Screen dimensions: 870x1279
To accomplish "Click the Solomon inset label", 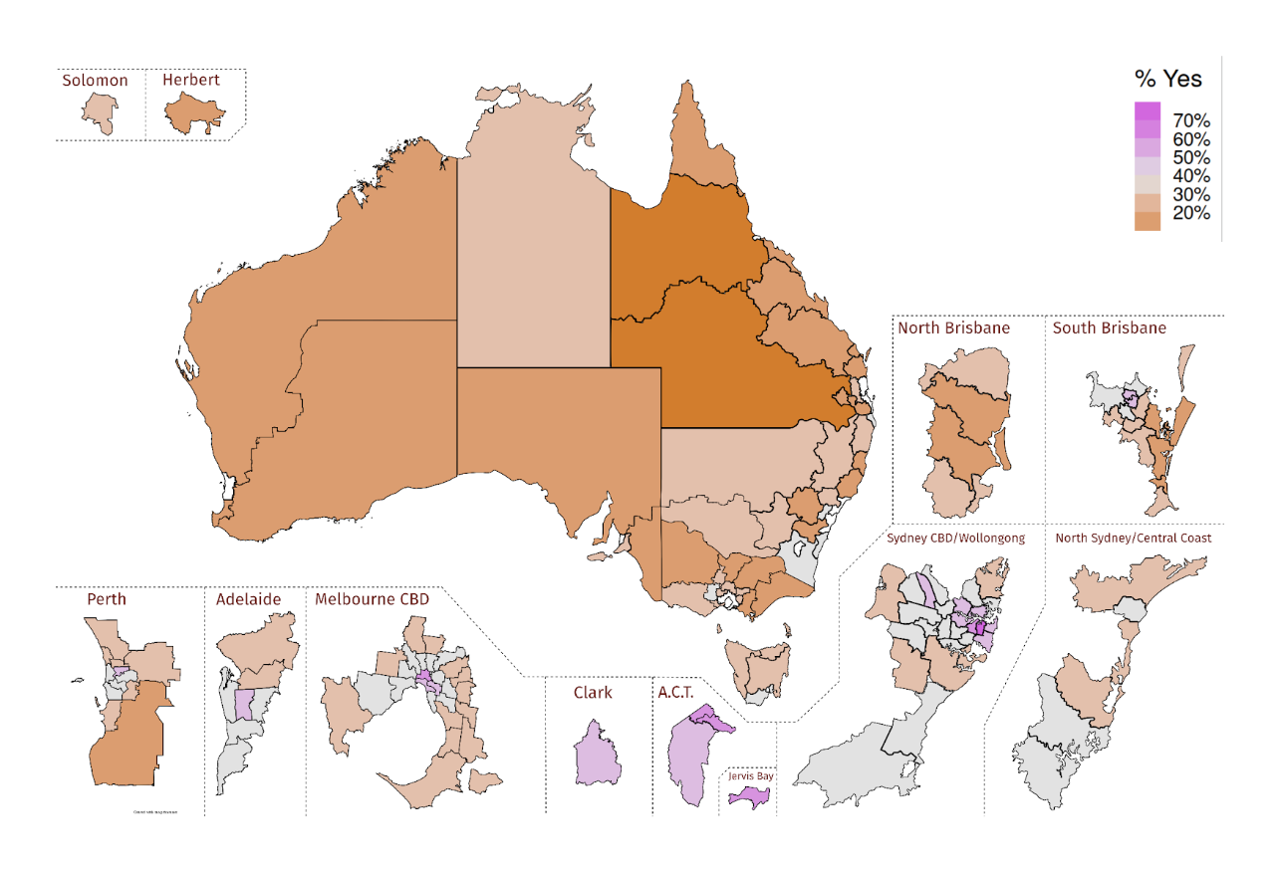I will [x=95, y=81].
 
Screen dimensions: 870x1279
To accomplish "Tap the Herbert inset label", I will [x=191, y=80].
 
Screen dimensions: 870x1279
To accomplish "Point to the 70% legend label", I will [x=1191, y=121].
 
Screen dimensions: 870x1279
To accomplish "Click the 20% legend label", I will [x=1191, y=213].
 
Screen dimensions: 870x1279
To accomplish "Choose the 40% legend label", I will [x=1191, y=176].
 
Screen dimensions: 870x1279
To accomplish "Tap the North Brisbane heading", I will [x=953, y=327].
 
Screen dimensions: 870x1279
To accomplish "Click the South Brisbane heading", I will [x=1109, y=327].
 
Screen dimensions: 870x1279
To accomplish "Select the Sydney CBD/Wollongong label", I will [x=955, y=539].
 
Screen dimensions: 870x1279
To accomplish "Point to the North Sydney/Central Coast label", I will [x=1134, y=539].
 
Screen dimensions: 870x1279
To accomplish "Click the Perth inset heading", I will [x=107, y=599].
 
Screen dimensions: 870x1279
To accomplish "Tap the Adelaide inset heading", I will [x=248, y=599].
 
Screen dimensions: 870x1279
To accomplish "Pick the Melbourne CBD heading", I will [x=372, y=599].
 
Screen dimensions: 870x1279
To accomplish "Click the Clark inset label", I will [x=592, y=692].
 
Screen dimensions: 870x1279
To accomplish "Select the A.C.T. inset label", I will [x=681, y=692].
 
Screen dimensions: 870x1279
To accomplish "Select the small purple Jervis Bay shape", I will [x=749, y=797].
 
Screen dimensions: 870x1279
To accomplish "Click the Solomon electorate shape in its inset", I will [x=99, y=111].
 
